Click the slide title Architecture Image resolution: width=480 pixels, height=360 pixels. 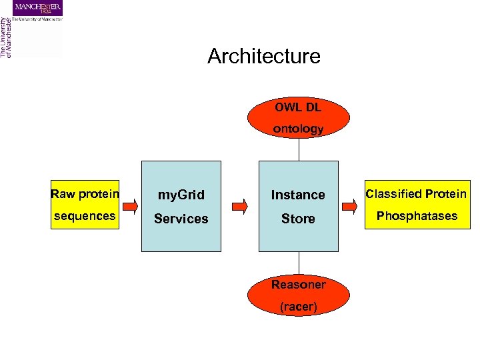[263, 56]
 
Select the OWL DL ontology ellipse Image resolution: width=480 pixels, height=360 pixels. [298, 118]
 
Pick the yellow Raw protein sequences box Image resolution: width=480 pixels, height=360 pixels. [85, 205]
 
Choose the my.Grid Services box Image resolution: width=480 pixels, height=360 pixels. [181, 206]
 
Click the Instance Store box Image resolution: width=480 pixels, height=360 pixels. [298, 206]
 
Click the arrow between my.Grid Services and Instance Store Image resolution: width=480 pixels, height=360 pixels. [239, 206]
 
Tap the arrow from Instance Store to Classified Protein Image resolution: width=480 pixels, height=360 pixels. [351, 206]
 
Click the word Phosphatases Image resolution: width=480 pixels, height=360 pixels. [417, 216]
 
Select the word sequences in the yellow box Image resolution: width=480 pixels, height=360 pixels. [85, 216]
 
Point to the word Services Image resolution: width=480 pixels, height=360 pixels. [181, 219]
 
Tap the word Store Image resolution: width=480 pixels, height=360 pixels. [298, 219]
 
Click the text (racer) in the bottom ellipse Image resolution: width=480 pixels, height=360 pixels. [298, 307]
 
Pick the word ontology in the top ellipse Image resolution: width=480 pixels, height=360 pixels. [298, 129]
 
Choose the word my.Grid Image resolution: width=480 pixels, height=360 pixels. [181, 195]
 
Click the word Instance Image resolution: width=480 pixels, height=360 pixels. [298, 195]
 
